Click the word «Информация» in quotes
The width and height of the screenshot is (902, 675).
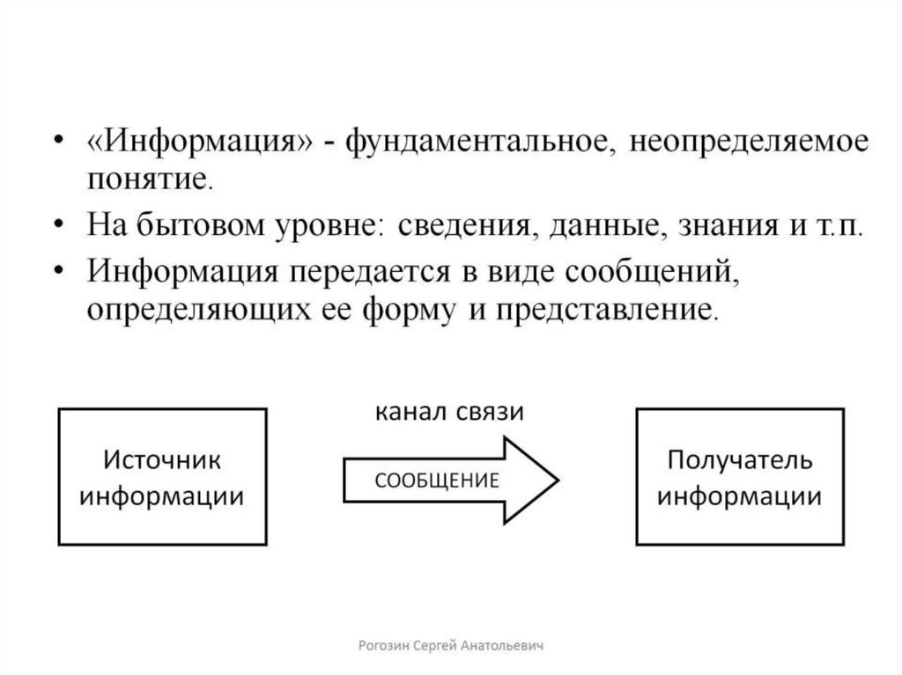198,143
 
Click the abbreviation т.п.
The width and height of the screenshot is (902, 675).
840,227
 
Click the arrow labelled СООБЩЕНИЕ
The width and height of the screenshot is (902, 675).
449,481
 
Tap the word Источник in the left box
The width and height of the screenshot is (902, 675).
162,460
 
